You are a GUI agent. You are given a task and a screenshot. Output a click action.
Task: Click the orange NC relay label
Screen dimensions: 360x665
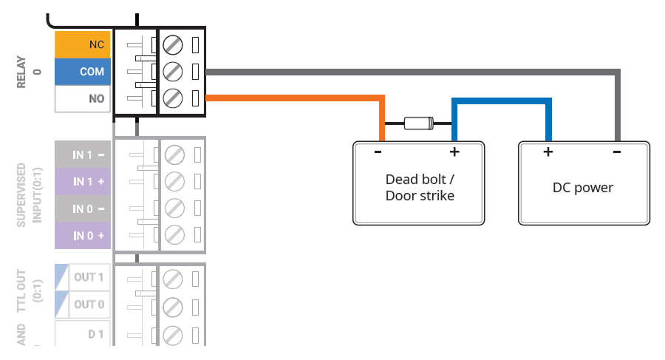[83, 44]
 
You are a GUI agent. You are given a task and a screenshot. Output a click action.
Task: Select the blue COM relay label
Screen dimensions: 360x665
[83, 72]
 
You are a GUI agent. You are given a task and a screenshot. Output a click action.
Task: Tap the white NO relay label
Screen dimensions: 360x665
[83, 98]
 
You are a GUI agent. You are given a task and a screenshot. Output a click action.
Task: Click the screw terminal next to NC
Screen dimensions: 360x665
[172, 45]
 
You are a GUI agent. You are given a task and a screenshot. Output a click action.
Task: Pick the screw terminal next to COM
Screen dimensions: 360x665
[172, 72]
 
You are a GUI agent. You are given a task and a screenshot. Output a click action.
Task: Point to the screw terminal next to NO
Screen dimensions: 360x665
[172, 98]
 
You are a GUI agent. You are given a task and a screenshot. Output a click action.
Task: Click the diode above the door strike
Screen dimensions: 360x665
[418, 124]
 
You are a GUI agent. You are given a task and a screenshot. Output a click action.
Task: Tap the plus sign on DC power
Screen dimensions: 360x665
[548, 152]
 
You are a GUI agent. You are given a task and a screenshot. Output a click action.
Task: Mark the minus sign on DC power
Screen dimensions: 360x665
[617, 152]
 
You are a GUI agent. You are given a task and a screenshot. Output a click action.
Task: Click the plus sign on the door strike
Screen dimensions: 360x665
[454, 152]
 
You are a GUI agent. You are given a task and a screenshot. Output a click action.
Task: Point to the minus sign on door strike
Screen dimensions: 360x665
[378, 152]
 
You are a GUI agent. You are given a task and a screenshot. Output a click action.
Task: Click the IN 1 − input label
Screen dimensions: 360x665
[83, 155]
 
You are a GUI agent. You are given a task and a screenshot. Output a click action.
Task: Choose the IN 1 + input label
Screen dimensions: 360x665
[83, 182]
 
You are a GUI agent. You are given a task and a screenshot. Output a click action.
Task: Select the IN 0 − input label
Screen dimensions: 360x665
[83, 209]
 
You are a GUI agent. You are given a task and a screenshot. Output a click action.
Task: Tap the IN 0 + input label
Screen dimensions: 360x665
[83, 236]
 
